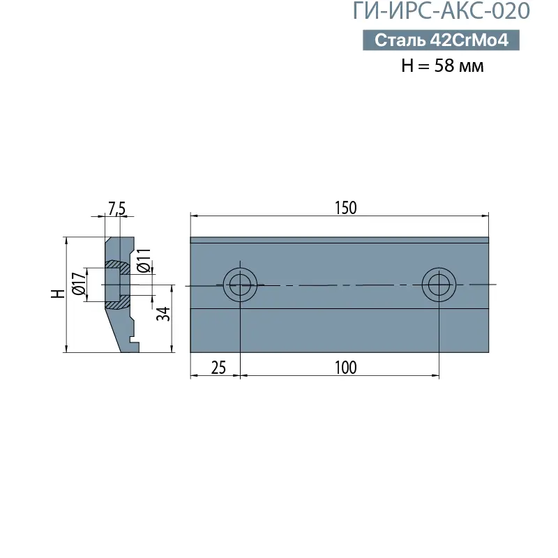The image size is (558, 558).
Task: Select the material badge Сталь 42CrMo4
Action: (441, 40)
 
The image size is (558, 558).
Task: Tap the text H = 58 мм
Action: (442, 66)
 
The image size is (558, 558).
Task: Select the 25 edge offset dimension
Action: (218, 368)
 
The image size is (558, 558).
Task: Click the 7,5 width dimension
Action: (116, 208)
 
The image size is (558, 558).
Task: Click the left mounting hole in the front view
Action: (240, 284)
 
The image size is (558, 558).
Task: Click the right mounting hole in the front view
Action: (439, 284)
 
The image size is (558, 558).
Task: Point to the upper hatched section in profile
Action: (116, 266)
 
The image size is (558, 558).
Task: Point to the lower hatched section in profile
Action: (116, 303)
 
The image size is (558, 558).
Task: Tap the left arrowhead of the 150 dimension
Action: (193, 216)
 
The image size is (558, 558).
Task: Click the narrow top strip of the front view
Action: (339, 241)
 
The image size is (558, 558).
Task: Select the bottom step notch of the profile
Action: (133, 343)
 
